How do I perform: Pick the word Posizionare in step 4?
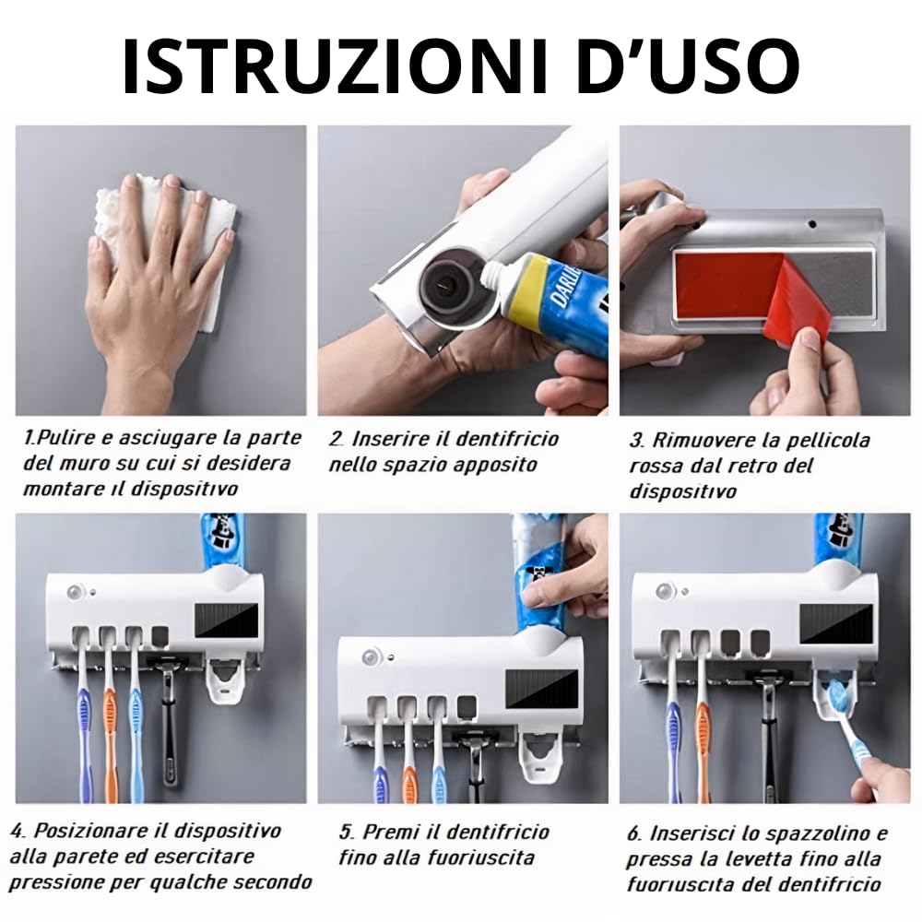click(90, 831)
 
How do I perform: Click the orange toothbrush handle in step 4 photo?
click(110, 735)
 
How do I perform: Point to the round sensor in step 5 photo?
click(371, 656)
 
